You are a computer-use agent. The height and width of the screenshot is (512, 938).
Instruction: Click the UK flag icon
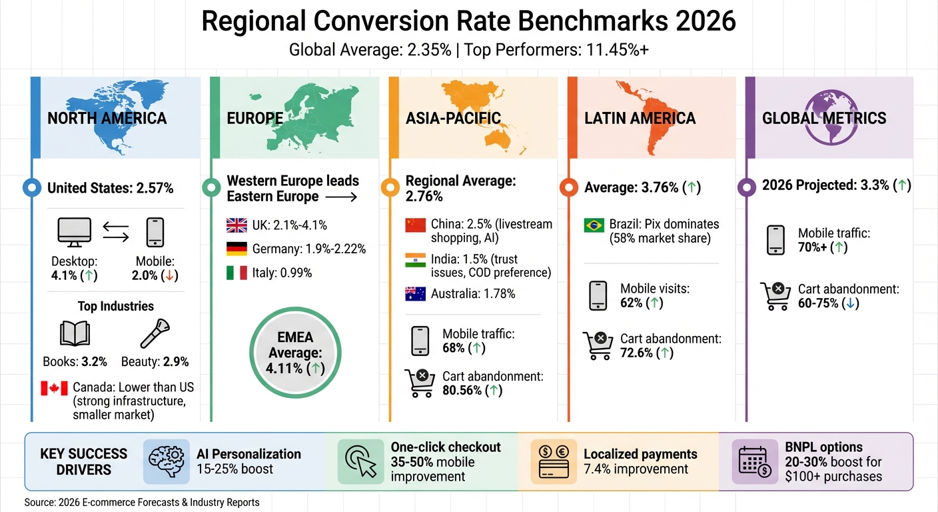[x=236, y=225]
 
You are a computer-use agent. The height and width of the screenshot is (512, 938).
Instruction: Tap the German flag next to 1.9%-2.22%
[x=236, y=249]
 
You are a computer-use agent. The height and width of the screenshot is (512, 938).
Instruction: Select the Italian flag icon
[x=236, y=273]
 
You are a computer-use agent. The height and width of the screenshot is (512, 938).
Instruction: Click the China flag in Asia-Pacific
[x=415, y=225]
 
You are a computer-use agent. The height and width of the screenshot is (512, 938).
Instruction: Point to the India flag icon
[x=415, y=259]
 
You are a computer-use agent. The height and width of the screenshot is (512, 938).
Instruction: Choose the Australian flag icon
[x=415, y=293]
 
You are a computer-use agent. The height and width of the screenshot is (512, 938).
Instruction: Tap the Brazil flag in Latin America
[x=593, y=225]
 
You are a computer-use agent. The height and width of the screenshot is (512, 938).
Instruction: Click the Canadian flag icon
[x=54, y=388]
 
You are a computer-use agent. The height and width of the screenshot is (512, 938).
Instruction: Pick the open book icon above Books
[x=74, y=334]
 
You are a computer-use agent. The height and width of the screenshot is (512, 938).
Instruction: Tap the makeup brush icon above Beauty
[x=155, y=334]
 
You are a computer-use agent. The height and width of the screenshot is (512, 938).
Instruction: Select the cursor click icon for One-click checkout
[x=360, y=461]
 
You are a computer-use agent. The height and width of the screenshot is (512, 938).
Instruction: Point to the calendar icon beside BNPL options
[x=754, y=461]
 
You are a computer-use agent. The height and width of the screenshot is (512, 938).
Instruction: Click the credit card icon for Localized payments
[x=554, y=461]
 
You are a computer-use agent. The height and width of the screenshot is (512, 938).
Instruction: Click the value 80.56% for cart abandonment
[x=462, y=391]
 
